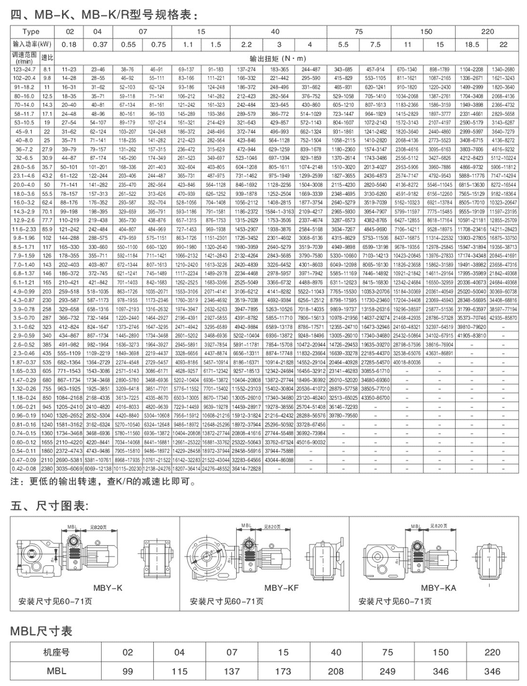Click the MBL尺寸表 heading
pos(42,631)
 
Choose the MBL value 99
pos(128,671)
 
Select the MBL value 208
pos(337,671)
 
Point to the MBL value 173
pos(284,671)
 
